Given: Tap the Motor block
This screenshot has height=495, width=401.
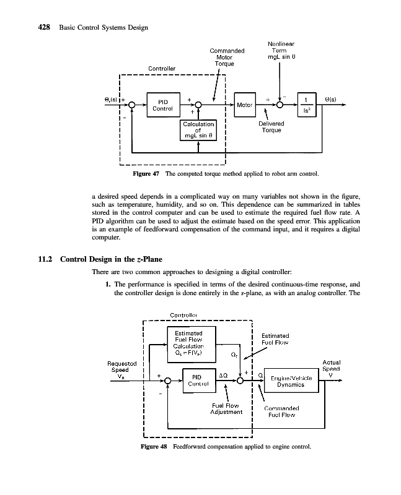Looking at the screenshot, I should click(x=244, y=105).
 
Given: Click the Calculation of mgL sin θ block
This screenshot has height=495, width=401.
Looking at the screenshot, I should click(x=198, y=130).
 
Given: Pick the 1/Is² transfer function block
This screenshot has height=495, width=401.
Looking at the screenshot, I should click(x=306, y=105).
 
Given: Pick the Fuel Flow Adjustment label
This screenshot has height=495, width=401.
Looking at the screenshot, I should click(x=226, y=408).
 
